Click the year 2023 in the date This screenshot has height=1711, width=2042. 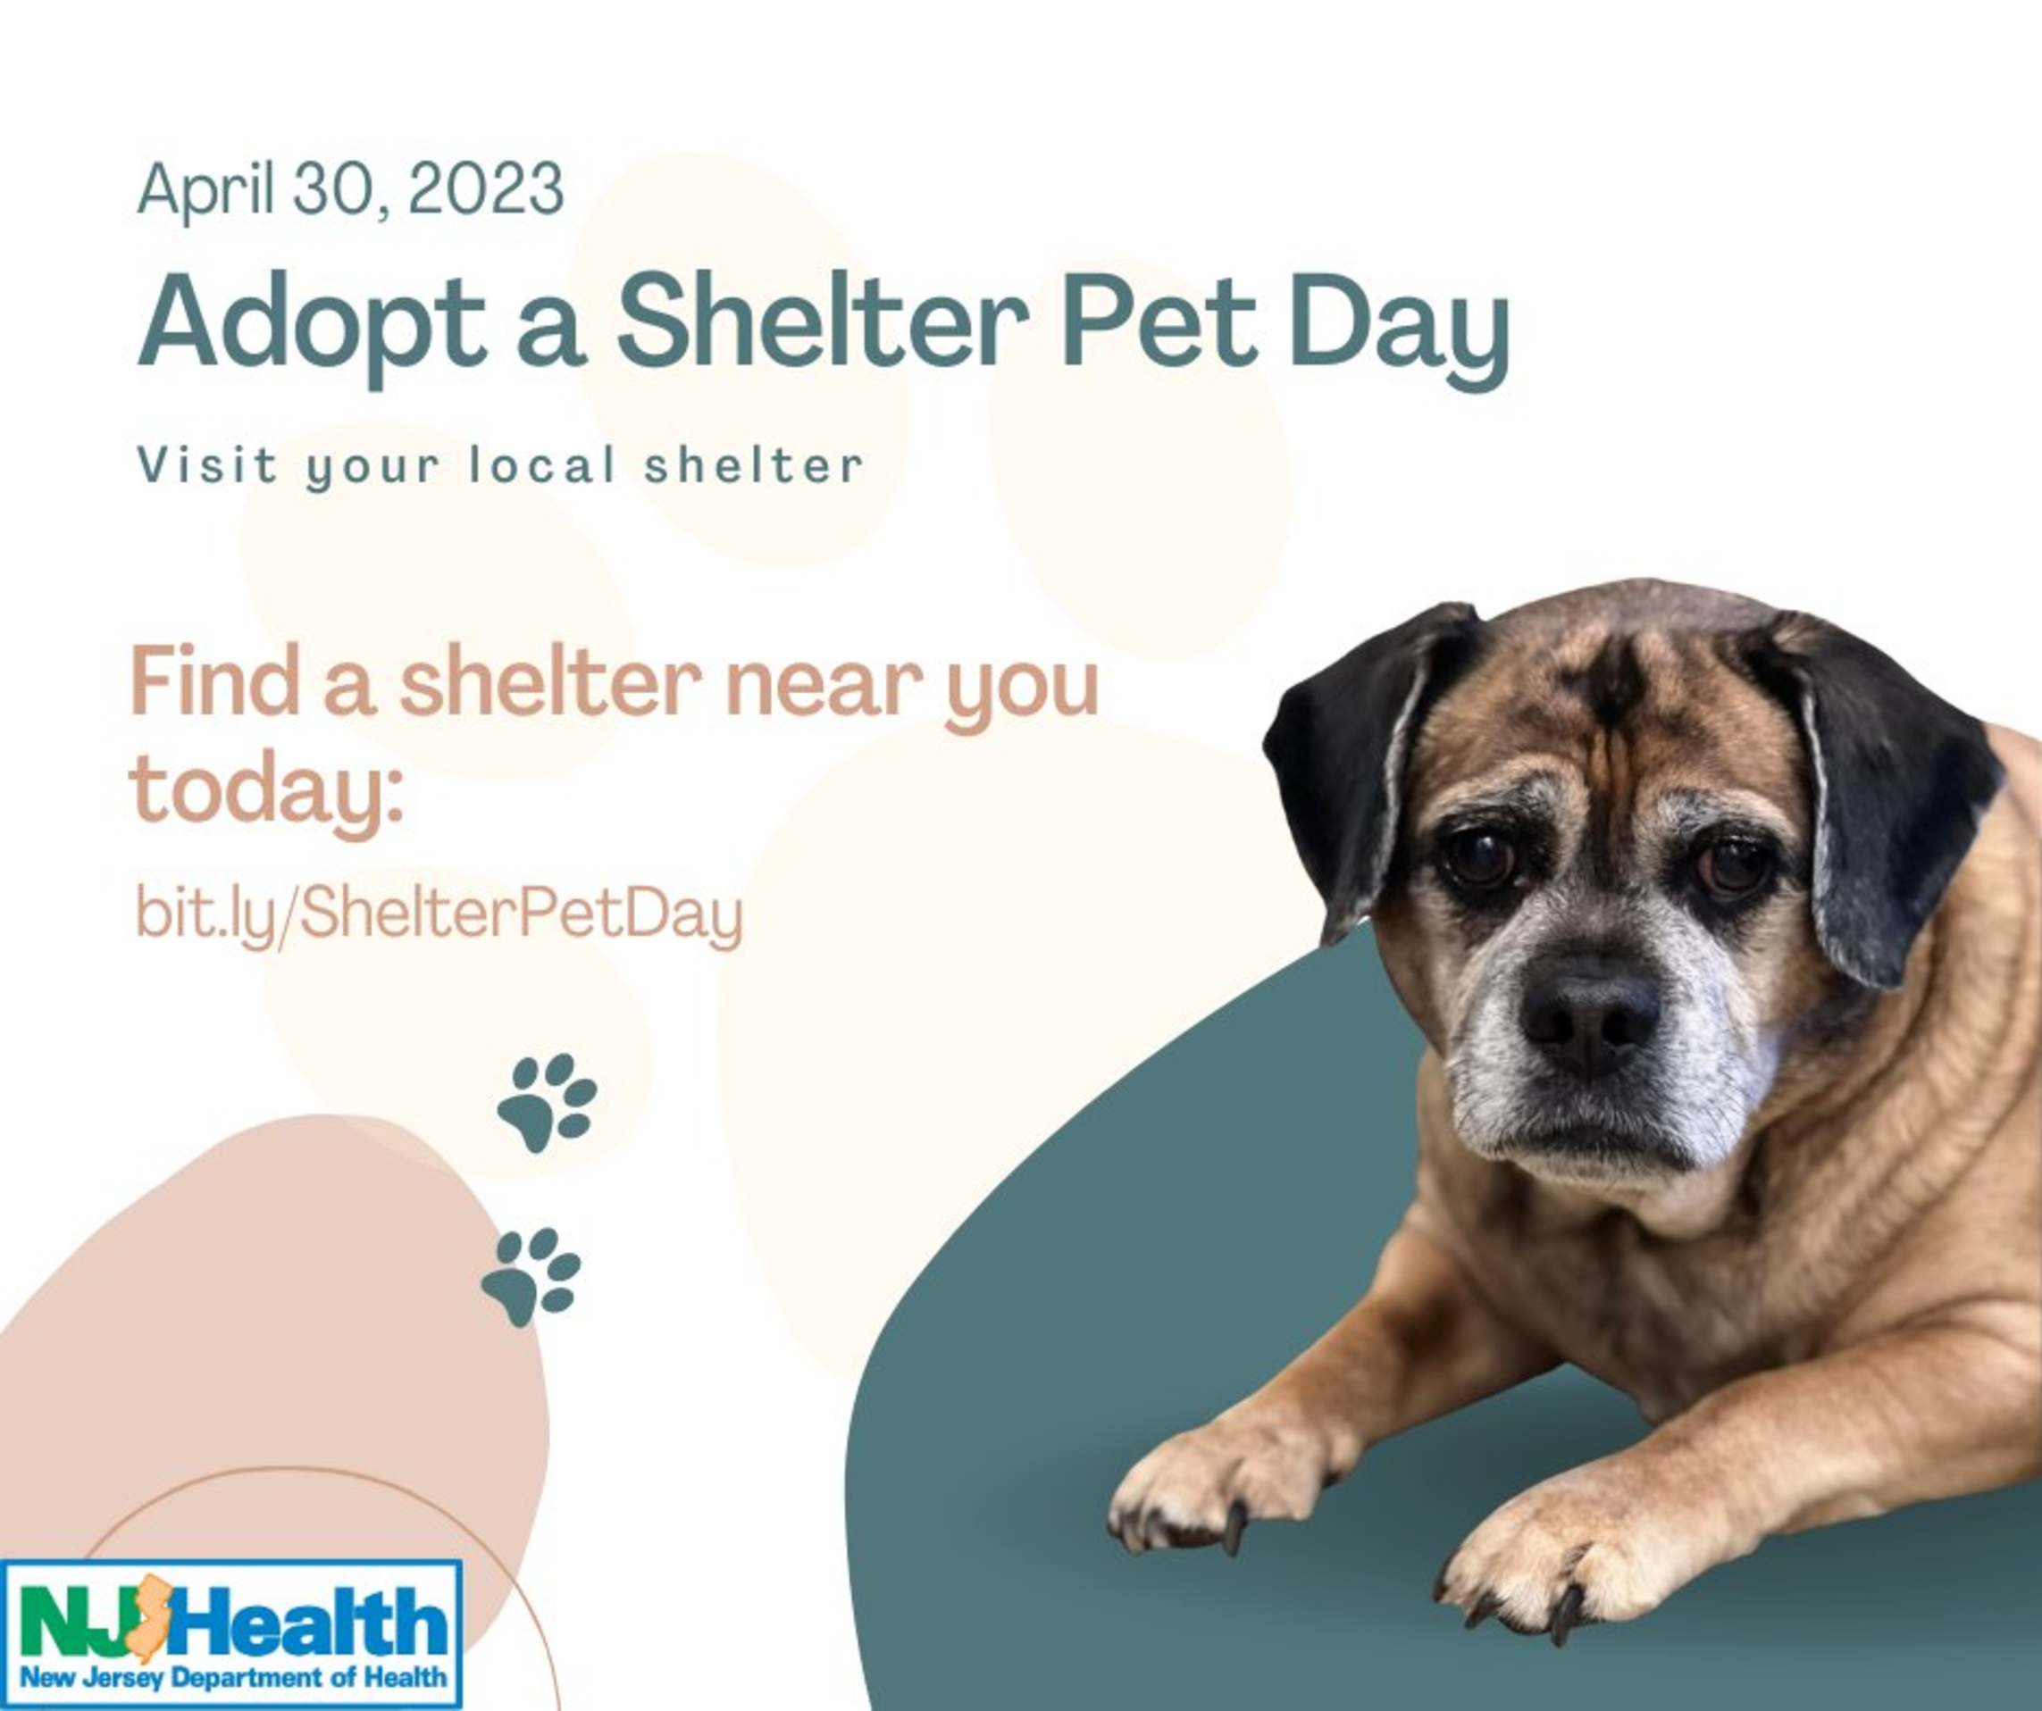485,188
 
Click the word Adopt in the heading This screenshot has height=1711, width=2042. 311,325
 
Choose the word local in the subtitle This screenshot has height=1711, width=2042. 542,464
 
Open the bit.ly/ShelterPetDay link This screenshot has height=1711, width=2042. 439,914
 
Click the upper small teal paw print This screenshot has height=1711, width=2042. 548,1103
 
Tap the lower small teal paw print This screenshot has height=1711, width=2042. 531,1277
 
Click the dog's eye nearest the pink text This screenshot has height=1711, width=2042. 1478,857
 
